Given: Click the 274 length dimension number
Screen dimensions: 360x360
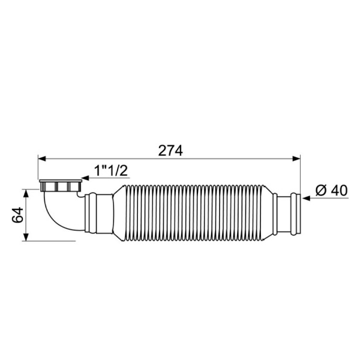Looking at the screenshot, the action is (x=170, y=151).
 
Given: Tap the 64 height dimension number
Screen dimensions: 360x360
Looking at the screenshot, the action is (x=17, y=215).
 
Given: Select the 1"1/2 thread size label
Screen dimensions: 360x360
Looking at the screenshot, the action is (x=111, y=170).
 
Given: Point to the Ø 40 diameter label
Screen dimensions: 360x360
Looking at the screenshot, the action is (x=332, y=191).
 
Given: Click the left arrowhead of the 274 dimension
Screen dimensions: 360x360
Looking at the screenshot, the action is (x=42, y=158).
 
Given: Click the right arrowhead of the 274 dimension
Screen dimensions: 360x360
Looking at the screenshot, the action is (x=296, y=158).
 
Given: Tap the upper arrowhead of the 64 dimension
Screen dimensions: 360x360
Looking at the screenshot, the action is (x=26, y=193).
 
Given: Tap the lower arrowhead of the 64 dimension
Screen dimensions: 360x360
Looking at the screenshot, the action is (x=26, y=237).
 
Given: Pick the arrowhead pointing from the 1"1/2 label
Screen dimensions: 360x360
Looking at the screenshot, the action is (x=86, y=178).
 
